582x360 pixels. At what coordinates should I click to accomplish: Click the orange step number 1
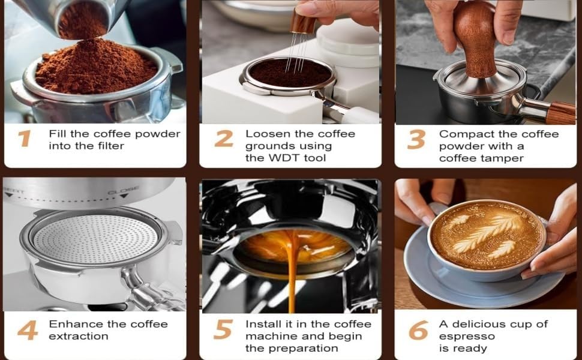24,139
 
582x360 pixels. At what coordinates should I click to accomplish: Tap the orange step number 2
223,139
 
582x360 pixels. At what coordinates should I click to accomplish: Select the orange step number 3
416,139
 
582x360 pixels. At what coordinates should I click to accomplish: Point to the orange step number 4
28,330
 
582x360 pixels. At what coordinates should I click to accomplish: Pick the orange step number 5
223,330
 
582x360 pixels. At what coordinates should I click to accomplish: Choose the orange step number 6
418,330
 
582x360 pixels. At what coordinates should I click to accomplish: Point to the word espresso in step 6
467,337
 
